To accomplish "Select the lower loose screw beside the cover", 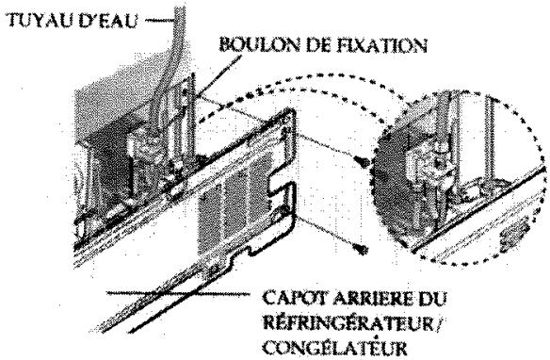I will [x=362, y=248].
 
